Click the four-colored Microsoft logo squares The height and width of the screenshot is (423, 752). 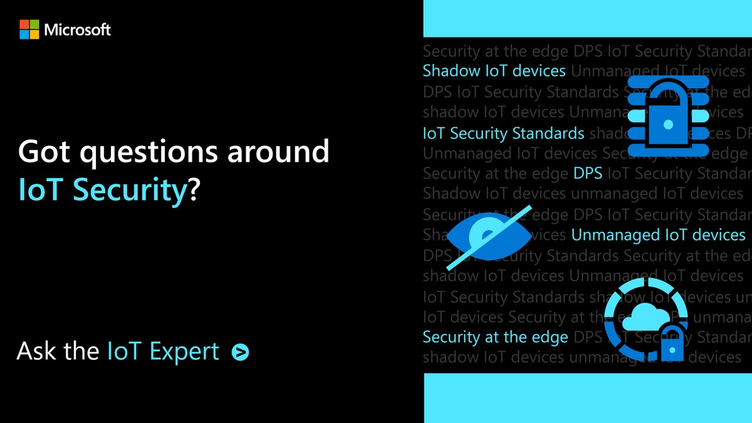tap(29, 29)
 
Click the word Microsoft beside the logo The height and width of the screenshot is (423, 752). tap(78, 29)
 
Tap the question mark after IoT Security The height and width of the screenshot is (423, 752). tap(194, 190)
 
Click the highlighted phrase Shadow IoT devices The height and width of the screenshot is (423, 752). tap(494, 71)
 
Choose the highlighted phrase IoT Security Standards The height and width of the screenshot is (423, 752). tap(503, 133)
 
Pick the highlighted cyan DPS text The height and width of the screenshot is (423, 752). tap(588, 174)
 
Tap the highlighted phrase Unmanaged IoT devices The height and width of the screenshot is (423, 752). tap(658, 235)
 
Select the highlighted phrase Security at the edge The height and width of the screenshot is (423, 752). tap(495, 337)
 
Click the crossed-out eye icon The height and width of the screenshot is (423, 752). tap(489, 236)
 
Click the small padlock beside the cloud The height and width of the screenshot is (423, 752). tap(671, 342)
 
